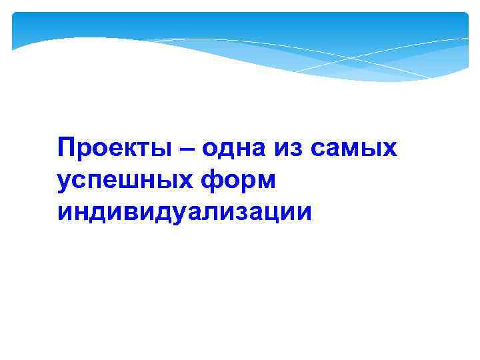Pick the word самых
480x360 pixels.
[x=353, y=148]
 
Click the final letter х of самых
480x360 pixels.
[x=389, y=149]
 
